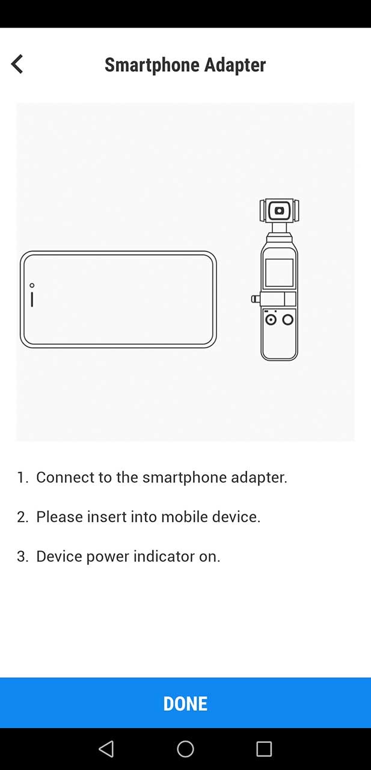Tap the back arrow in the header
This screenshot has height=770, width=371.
pos(17,64)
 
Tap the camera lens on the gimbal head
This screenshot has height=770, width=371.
pos(279,211)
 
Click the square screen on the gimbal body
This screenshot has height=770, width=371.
pos(279,273)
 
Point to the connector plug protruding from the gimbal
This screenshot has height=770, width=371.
pos(256,298)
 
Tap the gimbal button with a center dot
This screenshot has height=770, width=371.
pos(271,319)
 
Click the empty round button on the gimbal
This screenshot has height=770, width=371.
pos(288,319)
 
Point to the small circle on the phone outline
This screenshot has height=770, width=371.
pos(32,285)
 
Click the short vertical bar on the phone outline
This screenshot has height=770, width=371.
pos(32,299)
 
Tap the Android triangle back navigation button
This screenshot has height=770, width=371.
pos(106,748)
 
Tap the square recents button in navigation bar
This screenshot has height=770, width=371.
pos(264,748)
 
